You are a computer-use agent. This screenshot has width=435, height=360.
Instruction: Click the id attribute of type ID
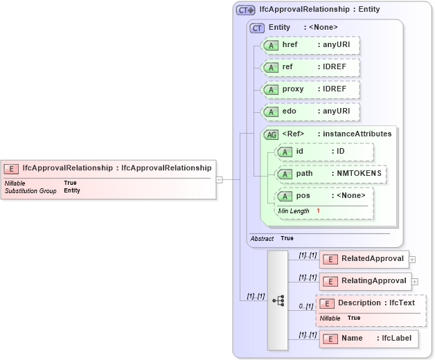click(323, 152)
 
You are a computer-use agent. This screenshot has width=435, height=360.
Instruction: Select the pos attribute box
click(323, 196)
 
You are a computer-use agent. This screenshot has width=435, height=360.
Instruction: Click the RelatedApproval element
click(364, 259)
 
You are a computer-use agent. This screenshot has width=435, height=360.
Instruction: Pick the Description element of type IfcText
click(371, 303)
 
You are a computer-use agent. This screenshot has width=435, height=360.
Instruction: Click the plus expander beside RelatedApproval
click(413, 260)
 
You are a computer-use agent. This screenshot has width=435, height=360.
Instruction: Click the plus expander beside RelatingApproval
click(416, 282)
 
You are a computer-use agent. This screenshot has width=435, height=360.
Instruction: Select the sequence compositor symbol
click(278, 300)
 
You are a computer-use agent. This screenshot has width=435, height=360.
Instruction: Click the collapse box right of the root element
click(220, 179)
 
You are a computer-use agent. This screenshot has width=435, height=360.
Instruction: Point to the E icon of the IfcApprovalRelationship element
click(12, 168)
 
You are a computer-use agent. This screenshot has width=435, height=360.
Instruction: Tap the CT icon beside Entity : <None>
click(257, 28)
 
